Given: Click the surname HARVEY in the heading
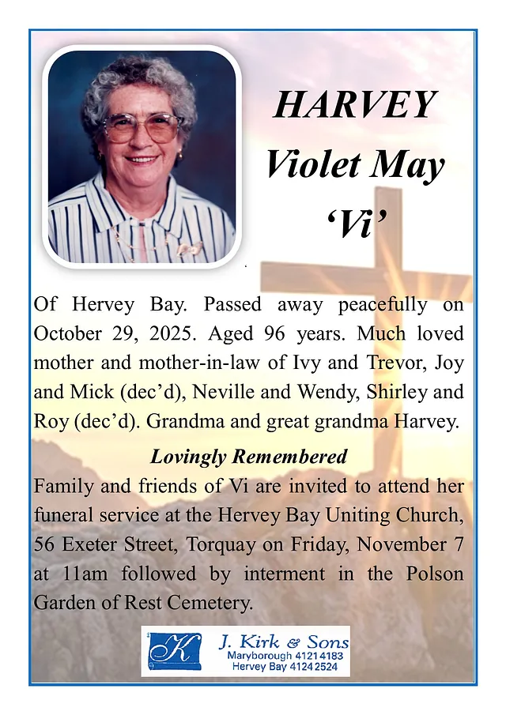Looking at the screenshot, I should tap(355, 104).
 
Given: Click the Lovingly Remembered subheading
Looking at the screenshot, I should tap(248, 457).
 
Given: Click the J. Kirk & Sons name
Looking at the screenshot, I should tap(282, 641).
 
